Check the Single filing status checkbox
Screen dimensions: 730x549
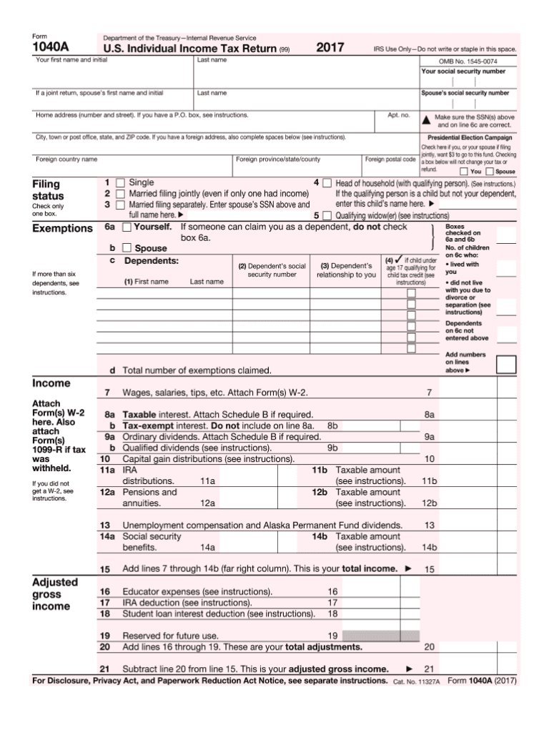coord(120,183)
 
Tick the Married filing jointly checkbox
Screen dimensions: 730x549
coord(120,194)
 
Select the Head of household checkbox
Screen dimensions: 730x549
coord(327,183)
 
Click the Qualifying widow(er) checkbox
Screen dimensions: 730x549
coord(327,214)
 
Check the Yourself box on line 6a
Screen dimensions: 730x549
coord(127,227)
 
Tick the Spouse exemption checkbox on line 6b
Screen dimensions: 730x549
coord(127,248)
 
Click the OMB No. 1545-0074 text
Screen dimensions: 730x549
coord(468,61)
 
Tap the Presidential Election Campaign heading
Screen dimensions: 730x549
coord(469,137)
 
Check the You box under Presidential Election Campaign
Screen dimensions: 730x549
coord(464,172)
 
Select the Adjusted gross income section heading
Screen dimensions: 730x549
coord(51,594)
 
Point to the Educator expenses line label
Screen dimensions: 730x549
coord(197,592)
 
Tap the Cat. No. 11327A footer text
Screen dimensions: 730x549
coord(417,683)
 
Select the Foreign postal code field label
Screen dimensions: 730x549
coord(390,159)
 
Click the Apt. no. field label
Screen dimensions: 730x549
coord(398,114)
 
